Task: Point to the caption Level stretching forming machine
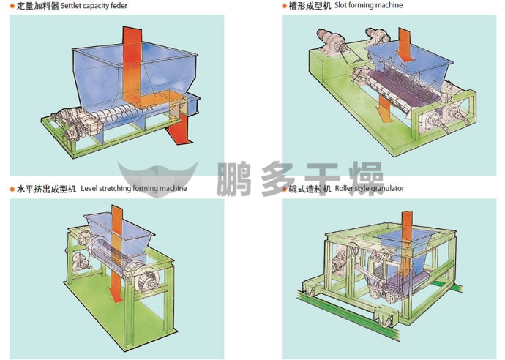133,188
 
